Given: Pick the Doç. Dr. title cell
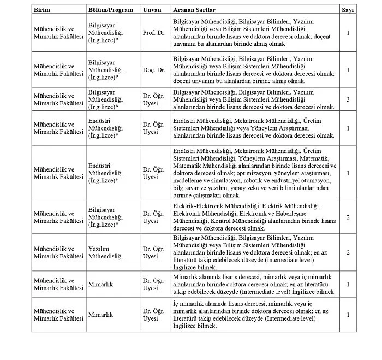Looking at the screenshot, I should [x=153, y=70].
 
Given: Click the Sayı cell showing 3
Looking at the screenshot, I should [x=348, y=99].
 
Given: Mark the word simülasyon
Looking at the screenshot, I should [x=223, y=181].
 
